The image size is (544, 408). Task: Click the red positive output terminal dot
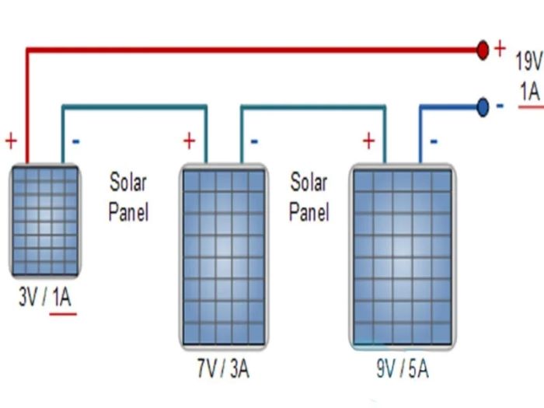click(x=483, y=51)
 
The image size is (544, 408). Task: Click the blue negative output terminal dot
click(x=483, y=107)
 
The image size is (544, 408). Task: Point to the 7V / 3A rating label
click(x=223, y=368)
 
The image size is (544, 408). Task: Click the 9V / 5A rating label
click(x=403, y=368)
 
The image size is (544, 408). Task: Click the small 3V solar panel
click(x=44, y=220)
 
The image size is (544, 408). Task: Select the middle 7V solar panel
click(x=223, y=256)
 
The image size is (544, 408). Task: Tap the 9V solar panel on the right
click(x=403, y=256)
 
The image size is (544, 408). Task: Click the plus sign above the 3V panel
click(x=11, y=141)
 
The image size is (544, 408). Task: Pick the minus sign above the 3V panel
click(x=75, y=141)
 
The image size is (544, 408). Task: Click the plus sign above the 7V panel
click(x=189, y=141)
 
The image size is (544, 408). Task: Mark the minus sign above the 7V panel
click(x=255, y=141)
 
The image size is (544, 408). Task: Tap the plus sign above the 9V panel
click(x=368, y=141)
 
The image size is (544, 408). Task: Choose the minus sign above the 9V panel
click(x=434, y=141)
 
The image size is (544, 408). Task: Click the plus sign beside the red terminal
click(x=500, y=48)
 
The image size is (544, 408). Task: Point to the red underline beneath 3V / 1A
click(x=63, y=313)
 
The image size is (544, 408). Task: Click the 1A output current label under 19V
click(x=529, y=91)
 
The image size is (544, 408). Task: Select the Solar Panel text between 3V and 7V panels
click(x=128, y=197)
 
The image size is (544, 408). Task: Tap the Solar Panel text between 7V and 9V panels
click(x=309, y=197)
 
